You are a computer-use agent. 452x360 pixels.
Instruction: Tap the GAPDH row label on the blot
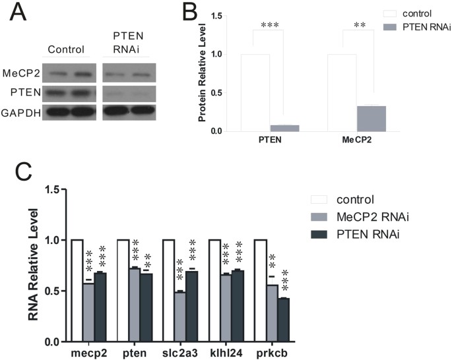(x=20, y=112)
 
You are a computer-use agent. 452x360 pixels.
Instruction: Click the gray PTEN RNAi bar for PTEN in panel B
(x=285, y=128)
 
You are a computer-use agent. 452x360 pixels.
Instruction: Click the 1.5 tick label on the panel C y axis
(x=57, y=190)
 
